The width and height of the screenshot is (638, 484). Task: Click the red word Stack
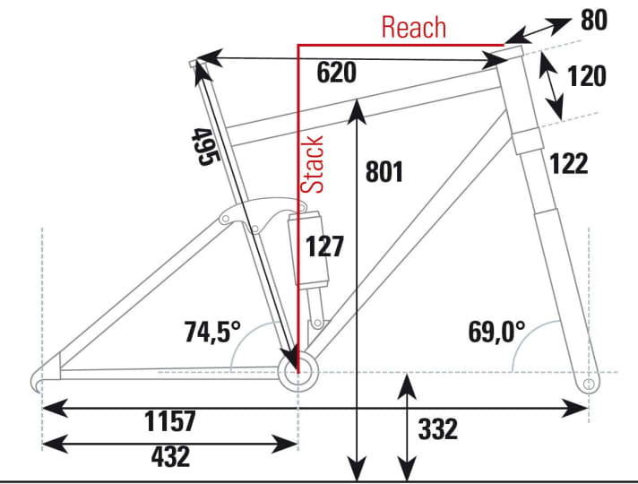(312, 165)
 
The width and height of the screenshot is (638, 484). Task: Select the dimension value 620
(337, 73)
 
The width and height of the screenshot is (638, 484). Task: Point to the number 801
(385, 172)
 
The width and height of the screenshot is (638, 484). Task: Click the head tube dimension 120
(587, 76)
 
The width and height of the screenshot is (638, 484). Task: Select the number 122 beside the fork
(569, 163)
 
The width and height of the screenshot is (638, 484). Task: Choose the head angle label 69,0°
(496, 333)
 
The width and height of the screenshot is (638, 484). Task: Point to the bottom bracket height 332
(438, 429)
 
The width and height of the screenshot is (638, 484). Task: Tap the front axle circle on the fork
(589, 384)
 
